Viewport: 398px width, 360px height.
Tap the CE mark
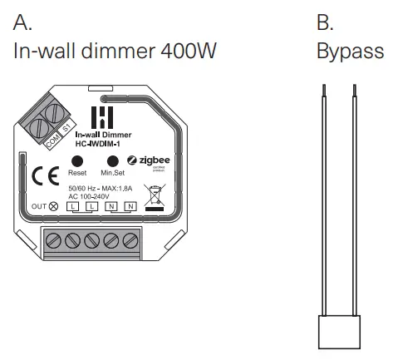[x=42, y=177]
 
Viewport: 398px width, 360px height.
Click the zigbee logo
[x=149, y=160]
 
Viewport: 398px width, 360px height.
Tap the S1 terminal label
[x=67, y=131]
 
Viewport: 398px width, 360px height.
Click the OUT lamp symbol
[x=54, y=205]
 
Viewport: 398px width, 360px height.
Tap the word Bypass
[x=350, y=52]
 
